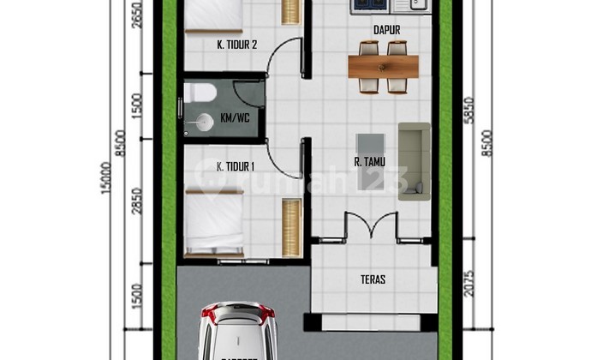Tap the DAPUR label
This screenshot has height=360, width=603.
tap(387, 30)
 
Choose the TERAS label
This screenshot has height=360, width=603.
tap(373, 279)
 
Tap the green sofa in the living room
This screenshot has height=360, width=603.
tap(414, 161)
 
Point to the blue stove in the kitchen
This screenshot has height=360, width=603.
tap(370, 5)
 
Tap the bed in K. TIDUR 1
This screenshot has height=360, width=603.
tap(213, 225)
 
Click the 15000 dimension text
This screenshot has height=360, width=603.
tap(106, 177)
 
